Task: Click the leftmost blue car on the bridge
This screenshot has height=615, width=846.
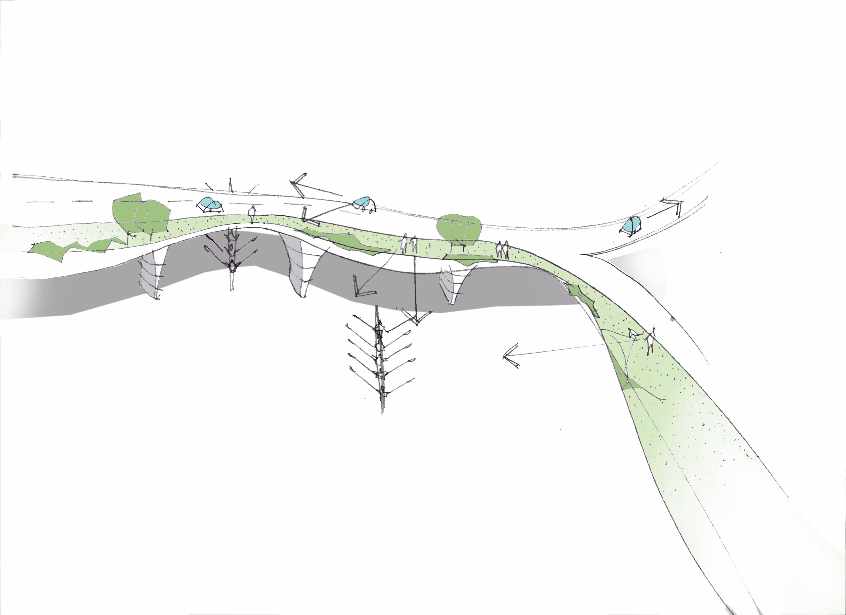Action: click(210, 205)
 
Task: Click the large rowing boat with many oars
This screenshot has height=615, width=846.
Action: click(380, 358)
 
